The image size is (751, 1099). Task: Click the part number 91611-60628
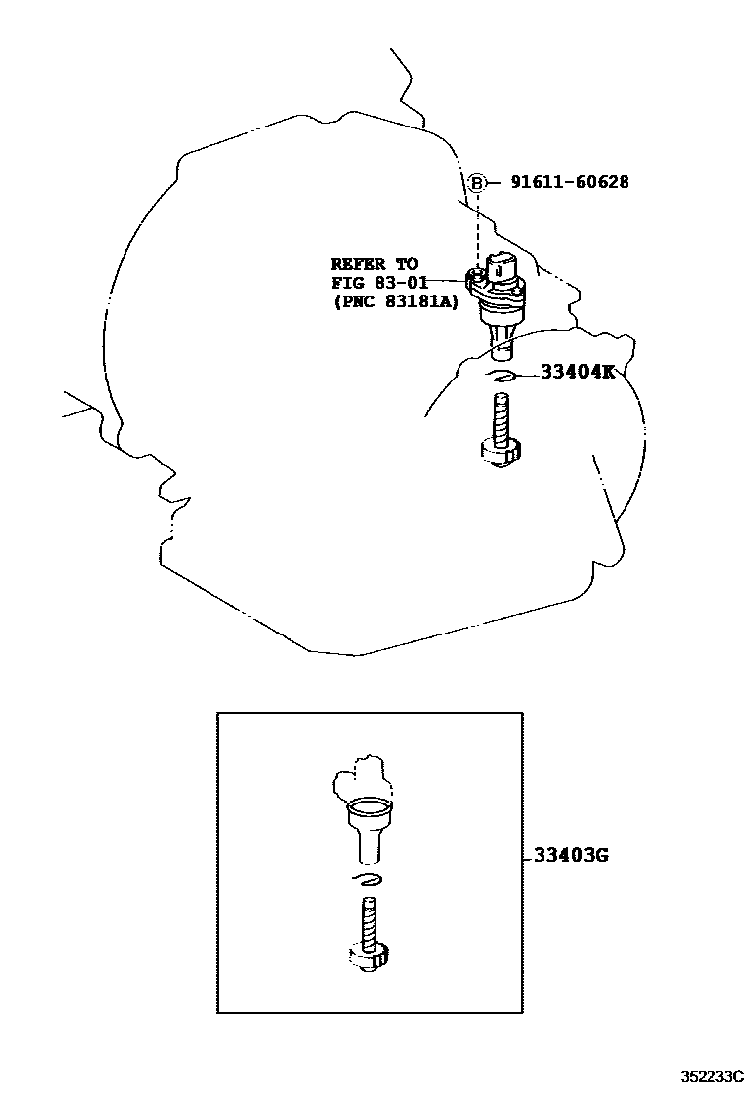point(569,182)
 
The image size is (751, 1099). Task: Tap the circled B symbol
point(477,182)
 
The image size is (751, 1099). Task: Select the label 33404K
point(576,372)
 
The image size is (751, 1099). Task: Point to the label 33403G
point(570,855)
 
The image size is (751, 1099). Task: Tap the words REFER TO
point(374,264)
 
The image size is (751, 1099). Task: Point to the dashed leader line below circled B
point(478,227)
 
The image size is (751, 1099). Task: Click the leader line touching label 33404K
point(527,374)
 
